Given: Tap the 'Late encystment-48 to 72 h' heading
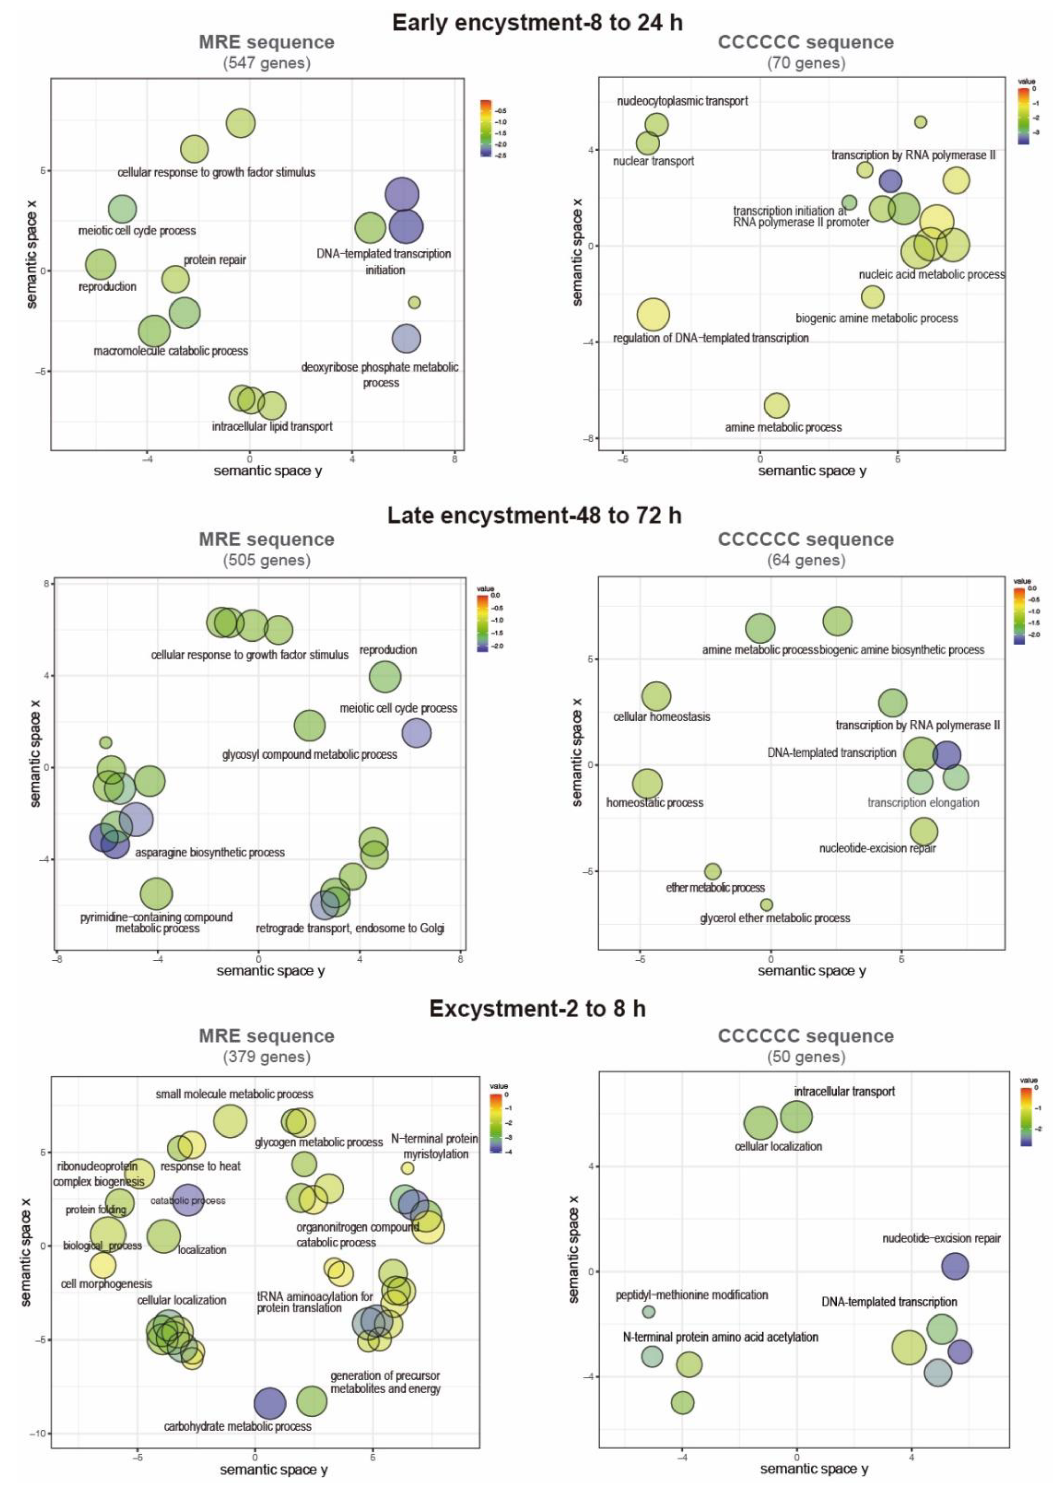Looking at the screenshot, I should (534, 516).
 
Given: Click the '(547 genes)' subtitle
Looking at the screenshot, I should (267, 63).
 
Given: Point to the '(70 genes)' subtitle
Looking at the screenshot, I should (806, 63).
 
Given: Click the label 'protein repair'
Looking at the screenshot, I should (214, 260).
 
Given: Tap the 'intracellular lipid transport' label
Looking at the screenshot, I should (272, 426).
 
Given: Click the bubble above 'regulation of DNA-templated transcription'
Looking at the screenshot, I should (653, 315).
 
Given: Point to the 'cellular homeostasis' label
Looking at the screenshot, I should (661, 717).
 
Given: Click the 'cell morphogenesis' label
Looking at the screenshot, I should (106, 1283).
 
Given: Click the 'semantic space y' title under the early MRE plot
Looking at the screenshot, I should (268, 471).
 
